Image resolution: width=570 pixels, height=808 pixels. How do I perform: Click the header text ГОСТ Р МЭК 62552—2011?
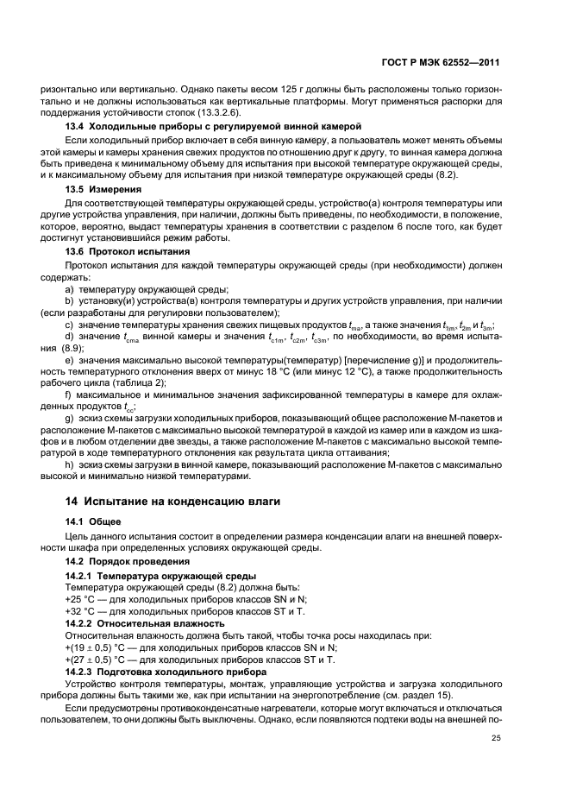441,63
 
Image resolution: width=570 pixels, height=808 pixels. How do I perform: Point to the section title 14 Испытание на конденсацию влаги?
157,500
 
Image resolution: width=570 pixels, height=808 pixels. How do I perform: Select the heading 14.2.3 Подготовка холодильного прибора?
166,671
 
